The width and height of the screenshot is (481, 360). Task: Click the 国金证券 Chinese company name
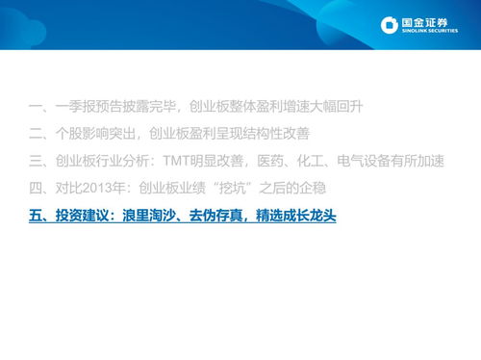[x=425, y=21]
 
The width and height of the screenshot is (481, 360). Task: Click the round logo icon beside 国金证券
[x=389, y=25]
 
